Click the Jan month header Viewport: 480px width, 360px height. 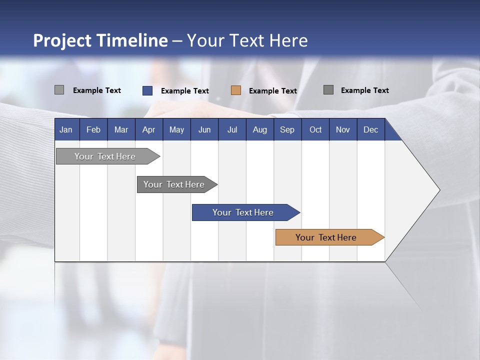pyautogui.click(x=66, y=130)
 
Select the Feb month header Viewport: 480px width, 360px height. pyautogui.click(x=93, y=130)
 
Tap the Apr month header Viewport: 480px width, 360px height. pyautogui.click(x=148, y=130)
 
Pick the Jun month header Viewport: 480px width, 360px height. pyautogui.click(x=204, y=130)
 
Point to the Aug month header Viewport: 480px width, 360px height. pyautogui.click(x=259, y=130)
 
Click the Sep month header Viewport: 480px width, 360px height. pyautogui.click(x=287, y=130)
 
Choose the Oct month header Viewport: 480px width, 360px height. pyautogui.click(x=315, y=130)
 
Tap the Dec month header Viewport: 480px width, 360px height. pyautogui.click(x=370, y=130)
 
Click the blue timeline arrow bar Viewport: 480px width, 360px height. pyautogui.click(x=244, y=212)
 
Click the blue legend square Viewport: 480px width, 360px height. pyautogui.click(x=147, y=90)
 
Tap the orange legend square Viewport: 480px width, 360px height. pyautogui.click(x=236, y=90)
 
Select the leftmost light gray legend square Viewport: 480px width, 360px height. pyautogui.click(x=59, y=90)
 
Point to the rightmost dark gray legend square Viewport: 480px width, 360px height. pyautogui.click(x=328, y=90)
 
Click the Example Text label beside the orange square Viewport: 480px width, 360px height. pyautogui.click(x=273, y=91)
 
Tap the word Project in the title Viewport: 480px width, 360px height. pyautogui.click(x=62, y=40)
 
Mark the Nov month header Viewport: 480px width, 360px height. pyautogui.click(x=343, y=130)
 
